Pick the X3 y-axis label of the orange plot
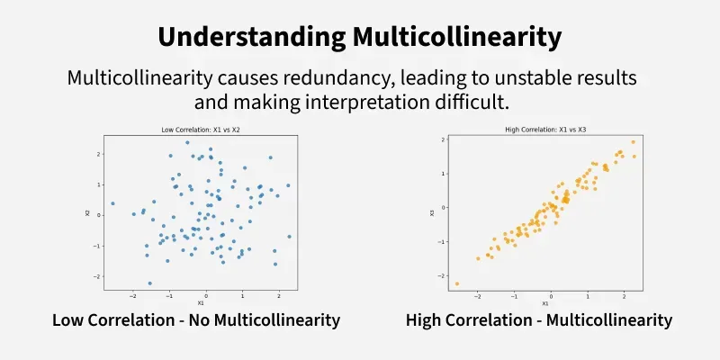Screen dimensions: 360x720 (x=432, y=212)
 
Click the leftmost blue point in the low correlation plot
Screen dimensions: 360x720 (x=112, y=203)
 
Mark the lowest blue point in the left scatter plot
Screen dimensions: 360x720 (x=149, y=283)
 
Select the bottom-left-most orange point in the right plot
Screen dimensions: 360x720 (x=456, y=283)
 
